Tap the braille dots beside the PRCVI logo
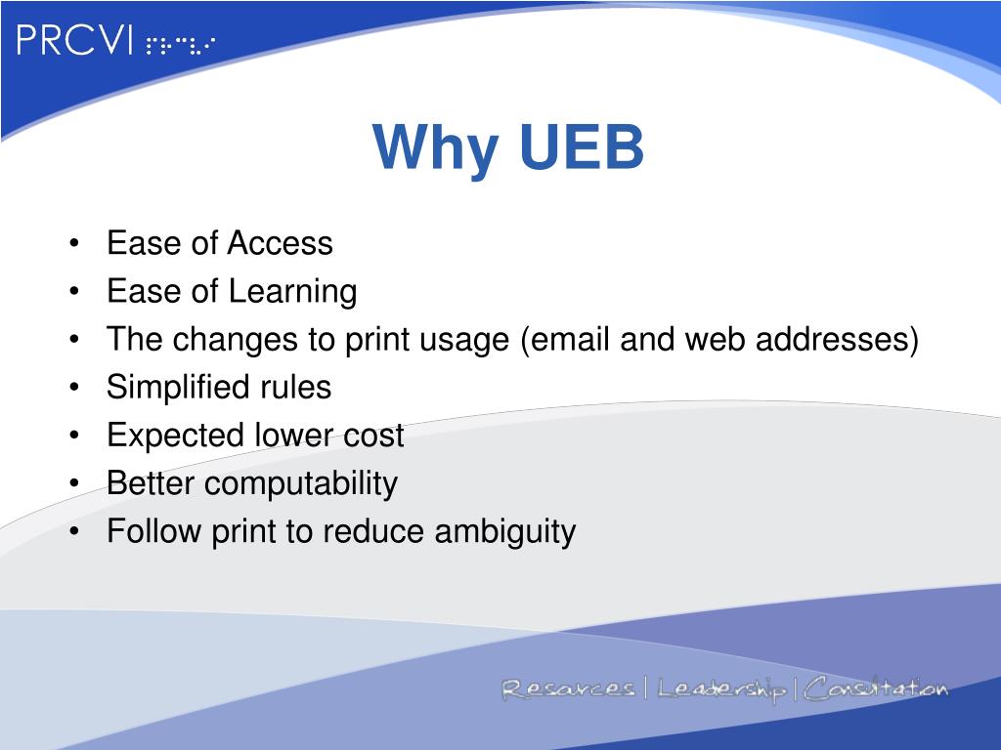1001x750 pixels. (180, 45)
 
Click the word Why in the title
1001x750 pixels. (428, 148)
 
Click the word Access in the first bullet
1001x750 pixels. (281, 243)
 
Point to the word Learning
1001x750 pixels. (293, 291)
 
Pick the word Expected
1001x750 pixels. (167, 436)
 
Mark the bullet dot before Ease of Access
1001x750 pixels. (76, 243)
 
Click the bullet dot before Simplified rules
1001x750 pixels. (76, 388)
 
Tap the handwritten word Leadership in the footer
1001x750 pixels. (721, 689)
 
